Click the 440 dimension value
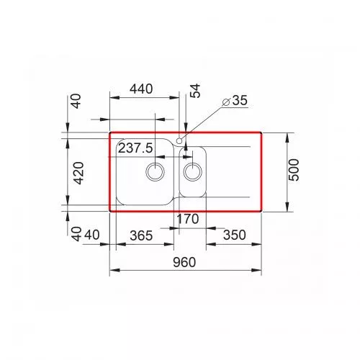(141, 89)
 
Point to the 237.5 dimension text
(135, 148)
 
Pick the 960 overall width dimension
(184, 263)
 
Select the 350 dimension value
(233, 235)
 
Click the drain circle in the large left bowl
(155, 172)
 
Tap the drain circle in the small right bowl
(192, 171)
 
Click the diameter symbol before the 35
(226, 102)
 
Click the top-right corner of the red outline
(261, 132)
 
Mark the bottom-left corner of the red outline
(109, 211)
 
